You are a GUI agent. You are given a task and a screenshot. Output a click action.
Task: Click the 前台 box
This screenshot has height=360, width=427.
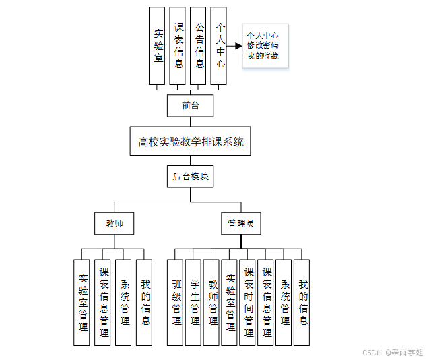[x=191, y=105]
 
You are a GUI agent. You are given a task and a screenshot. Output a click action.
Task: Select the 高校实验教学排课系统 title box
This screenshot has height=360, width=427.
[x=191, y=142]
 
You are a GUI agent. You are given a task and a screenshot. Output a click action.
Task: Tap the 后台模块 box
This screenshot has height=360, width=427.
[x=191, y=177]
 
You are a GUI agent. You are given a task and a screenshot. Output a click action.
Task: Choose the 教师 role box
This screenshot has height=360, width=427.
[x=114, y=223]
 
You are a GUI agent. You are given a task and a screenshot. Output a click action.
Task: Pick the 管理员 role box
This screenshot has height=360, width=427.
[x=240, y=223]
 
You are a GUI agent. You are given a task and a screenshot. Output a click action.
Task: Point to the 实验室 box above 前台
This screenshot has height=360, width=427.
[x=158, y=46]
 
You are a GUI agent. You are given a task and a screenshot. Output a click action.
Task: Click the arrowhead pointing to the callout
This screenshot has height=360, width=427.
[x=238, y=47]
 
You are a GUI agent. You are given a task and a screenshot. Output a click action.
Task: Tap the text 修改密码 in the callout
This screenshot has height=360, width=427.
[x=263, y=46]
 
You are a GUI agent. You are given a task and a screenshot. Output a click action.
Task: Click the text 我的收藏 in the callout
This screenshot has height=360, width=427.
[x=263, y=56]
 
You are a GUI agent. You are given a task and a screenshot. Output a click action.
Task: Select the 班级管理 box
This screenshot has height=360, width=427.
[x=176, y=302]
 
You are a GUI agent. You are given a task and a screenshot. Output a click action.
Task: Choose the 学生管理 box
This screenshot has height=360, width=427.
[x=194, y=302]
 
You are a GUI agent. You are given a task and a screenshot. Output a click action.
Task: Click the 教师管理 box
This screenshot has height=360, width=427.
[x=212, y=302]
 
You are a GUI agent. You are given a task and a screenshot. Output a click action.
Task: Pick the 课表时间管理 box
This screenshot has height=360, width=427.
[x=249, y=302]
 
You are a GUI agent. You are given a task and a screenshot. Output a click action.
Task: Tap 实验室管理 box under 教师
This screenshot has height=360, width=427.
[x=82, y=302]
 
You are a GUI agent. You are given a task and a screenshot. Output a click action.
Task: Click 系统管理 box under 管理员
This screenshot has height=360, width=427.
[x=284, y=302]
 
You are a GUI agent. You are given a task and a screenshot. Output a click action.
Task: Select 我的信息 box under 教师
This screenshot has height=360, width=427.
[x=145, y=302]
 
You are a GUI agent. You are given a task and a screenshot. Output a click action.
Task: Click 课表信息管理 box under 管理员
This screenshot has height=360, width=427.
[x=266, y=302]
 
